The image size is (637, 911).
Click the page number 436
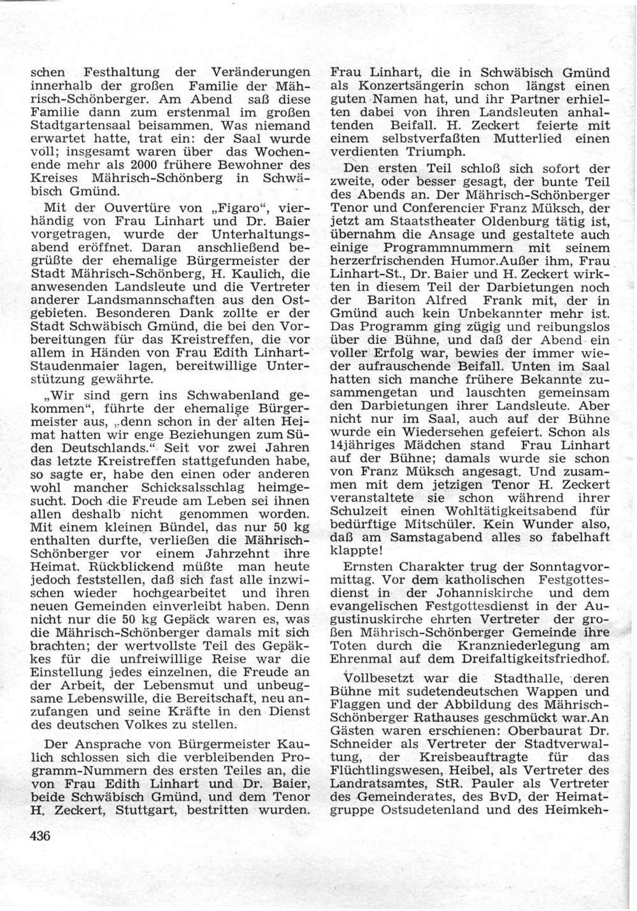point(39,836)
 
